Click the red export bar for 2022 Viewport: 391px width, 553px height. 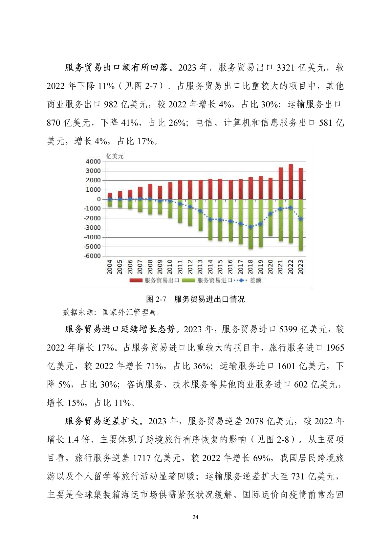(291, 182)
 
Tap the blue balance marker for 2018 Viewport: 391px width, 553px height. (250, 227)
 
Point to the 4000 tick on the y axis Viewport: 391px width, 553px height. (93, 162)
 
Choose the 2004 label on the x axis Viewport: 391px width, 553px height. (110, 267)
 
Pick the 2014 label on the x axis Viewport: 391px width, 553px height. (210, 267)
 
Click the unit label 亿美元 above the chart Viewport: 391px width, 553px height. (115, 156)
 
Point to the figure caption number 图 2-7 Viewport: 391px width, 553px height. (156, 299)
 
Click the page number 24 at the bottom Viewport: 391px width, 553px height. (195, 517)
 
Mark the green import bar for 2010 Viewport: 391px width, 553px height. (170, 209)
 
